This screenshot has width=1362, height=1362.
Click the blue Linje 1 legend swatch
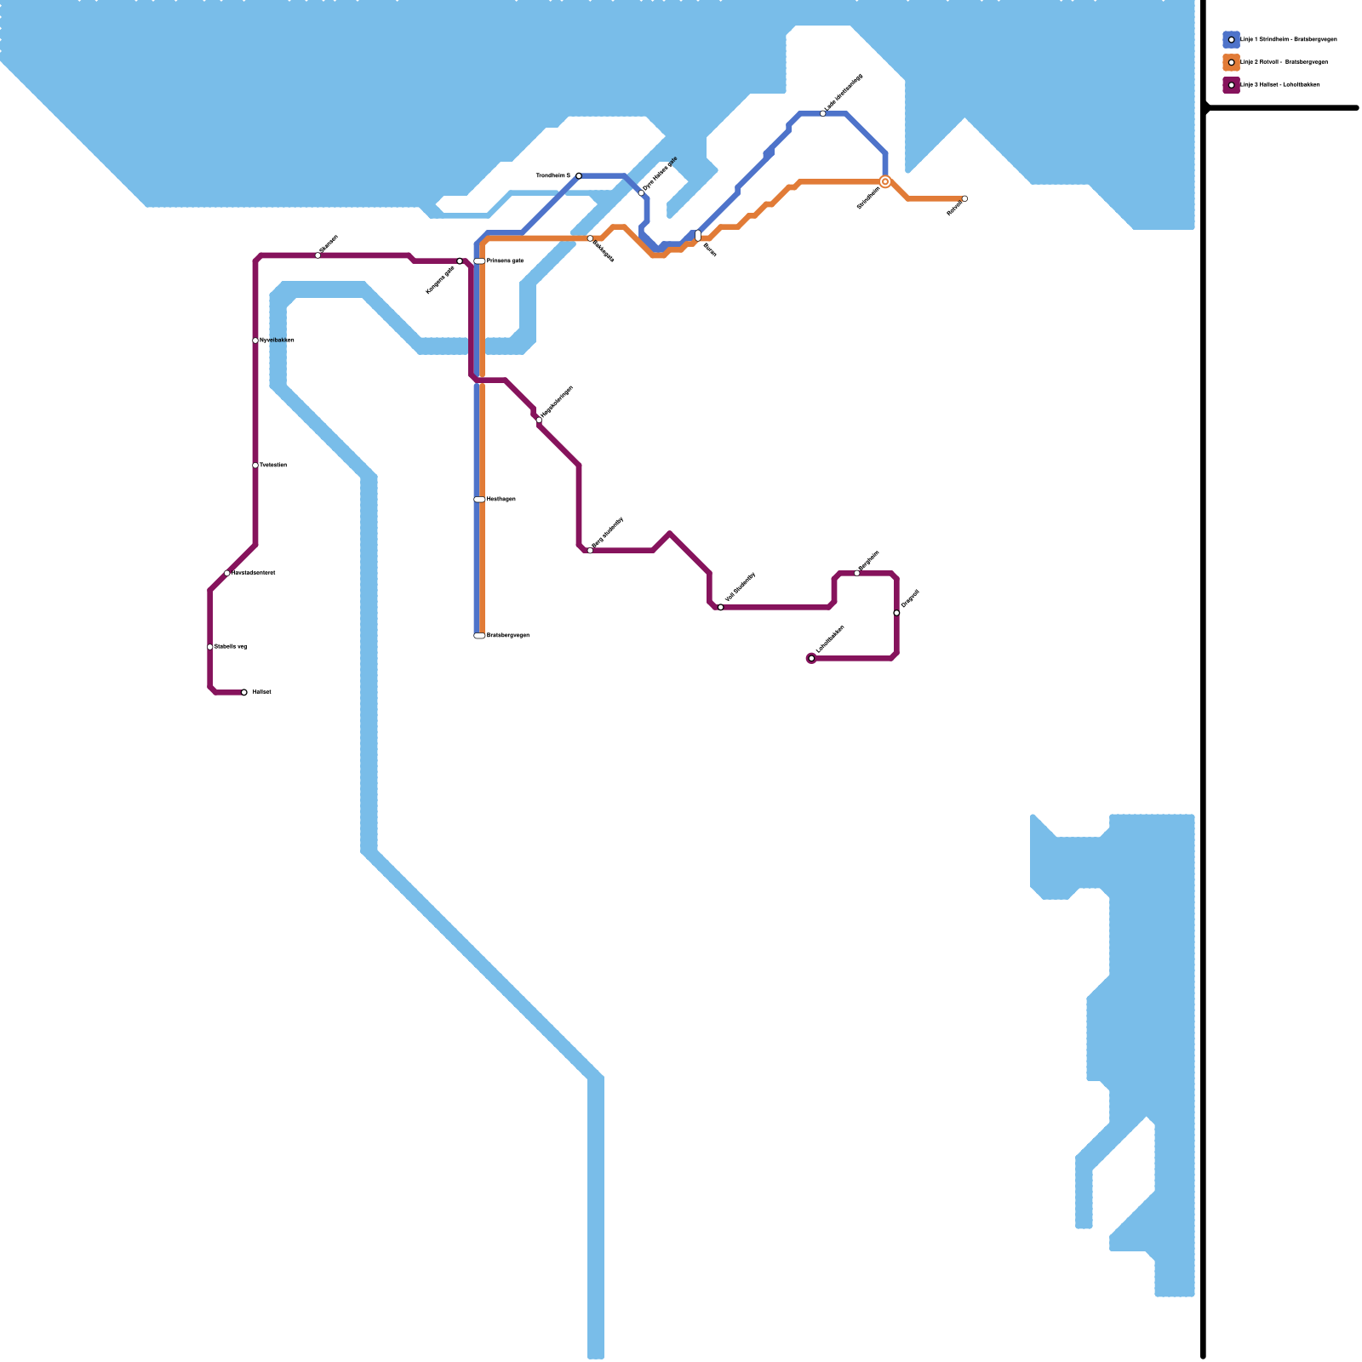[x=1231, y=39]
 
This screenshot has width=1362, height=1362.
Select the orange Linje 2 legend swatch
[x=1231, y=62]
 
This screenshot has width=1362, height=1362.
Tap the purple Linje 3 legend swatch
[x=1231, y=85]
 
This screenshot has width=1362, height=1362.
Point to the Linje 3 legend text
[x=1280, y=85]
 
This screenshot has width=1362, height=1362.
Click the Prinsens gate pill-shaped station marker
[x=479, y=261]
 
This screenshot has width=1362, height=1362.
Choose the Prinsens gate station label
[x=505, y=261]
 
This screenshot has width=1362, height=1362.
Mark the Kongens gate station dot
[x=460, y=261]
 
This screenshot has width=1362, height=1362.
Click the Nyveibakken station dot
[x=255, y=340]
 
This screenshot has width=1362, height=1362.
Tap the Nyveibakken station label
[x=277, y=340]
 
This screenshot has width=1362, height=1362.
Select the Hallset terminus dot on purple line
[x=244, y=693]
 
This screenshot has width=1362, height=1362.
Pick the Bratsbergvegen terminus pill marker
[x=479, y=636]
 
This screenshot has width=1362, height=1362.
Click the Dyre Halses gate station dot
[x=642, y=193]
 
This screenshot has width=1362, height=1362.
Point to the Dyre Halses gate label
[x=661, y=174]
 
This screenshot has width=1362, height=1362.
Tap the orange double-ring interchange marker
[x=885, y=182]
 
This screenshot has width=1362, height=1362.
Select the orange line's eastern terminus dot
[x=964, y=198]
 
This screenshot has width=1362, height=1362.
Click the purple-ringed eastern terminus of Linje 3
[x=811, y=658]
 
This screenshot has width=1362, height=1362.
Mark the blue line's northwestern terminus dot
[x=579, y=175]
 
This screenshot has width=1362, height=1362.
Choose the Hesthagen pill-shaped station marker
[x=479, y=500]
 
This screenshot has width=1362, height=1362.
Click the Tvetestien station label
[x=272, y=466]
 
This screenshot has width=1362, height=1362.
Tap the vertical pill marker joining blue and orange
[x=698, y=236]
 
